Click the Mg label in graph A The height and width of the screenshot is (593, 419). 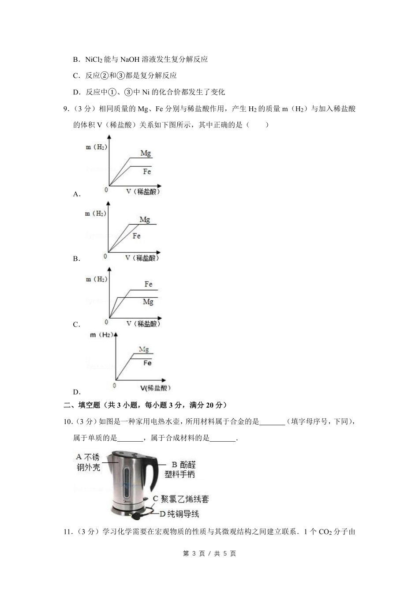(146, 153)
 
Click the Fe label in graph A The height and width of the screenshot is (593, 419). (147, 171)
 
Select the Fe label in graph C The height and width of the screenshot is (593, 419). (148, 284)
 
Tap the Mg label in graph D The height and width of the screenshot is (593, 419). (144, 349)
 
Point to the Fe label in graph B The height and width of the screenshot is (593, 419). (137, 236)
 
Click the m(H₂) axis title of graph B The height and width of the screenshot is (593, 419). (95, 214)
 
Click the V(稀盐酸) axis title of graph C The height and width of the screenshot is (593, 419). (143, 323)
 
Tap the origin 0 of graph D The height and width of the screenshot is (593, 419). (114, 385)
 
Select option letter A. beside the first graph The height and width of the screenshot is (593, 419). (77, 194)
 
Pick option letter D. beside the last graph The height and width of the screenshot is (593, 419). (77, 392)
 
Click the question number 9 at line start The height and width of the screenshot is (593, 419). (66, 109)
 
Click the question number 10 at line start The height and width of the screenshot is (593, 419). (68, 422)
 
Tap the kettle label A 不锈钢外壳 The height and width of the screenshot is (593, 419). (88, 462)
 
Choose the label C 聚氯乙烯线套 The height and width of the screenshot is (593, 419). (181, 499)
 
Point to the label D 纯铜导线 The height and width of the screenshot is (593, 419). (179, 514)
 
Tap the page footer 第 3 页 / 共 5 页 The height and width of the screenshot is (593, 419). (209, 553)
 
